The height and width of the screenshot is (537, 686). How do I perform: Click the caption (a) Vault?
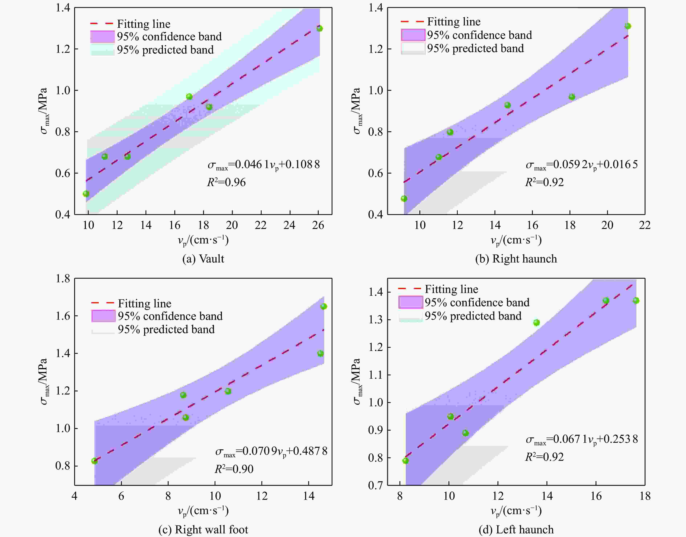coord(203,259)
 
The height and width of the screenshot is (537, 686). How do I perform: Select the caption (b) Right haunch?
coord(516,259)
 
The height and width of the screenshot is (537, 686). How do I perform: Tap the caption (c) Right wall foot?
coord(203,529)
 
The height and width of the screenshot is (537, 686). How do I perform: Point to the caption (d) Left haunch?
coord(516,529)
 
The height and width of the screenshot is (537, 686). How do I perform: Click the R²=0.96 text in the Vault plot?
coord(226,182)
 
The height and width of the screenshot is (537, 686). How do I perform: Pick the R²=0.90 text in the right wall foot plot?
coord(234,469)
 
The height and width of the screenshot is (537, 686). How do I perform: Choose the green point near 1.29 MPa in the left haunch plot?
coord(536,323)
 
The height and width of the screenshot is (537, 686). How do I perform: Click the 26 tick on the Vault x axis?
coord(318,225)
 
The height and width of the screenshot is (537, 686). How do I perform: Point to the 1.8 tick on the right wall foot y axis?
coord(63,278)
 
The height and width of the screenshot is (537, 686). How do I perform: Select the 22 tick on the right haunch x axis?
coord(644,225)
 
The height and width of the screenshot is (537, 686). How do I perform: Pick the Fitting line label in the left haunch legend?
coord(451,289)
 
